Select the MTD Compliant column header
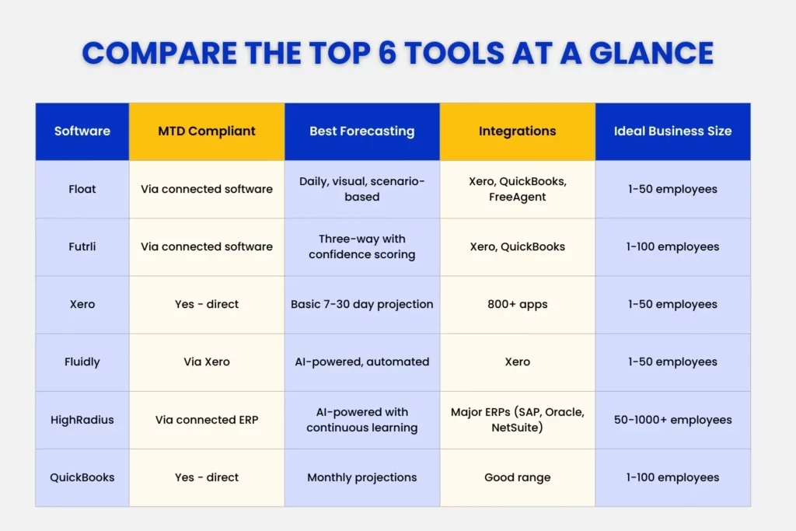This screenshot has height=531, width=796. click(207, 131)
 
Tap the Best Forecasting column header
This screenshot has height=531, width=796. click(362, 131)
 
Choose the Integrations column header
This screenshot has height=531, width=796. click(518, 131)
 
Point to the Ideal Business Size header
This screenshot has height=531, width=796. click(672, 131)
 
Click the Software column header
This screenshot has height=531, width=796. click(82, 131)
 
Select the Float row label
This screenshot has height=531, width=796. click(82, 189)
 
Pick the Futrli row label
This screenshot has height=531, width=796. click(82, 246)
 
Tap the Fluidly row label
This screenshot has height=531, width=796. click(82, 362)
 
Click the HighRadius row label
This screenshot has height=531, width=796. click(82, 420)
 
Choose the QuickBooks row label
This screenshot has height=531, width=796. click(82, 477)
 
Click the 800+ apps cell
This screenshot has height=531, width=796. click(518, 304)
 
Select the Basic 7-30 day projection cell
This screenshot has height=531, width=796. click(362, 304)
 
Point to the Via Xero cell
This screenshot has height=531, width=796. click(207, 362)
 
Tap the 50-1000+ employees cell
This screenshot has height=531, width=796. click(672, 420)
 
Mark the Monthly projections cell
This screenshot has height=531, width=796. click(362, 477)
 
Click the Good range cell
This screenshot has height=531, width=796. click(518, 477)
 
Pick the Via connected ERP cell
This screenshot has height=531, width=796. click(207, 420)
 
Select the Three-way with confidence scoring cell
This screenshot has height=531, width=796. click(362, 246)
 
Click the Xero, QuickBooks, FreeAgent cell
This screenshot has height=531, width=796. click(518, 189)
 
